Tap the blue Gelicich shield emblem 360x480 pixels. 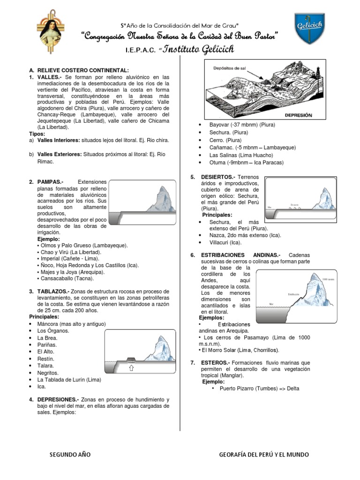tap(309, 28)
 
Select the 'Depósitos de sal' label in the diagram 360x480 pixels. tap(230, 68)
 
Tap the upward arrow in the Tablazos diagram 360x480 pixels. tap(131, 367)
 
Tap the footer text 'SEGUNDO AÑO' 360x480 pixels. tap(70, 455)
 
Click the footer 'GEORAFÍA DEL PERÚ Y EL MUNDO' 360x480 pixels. tap(264, 455)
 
